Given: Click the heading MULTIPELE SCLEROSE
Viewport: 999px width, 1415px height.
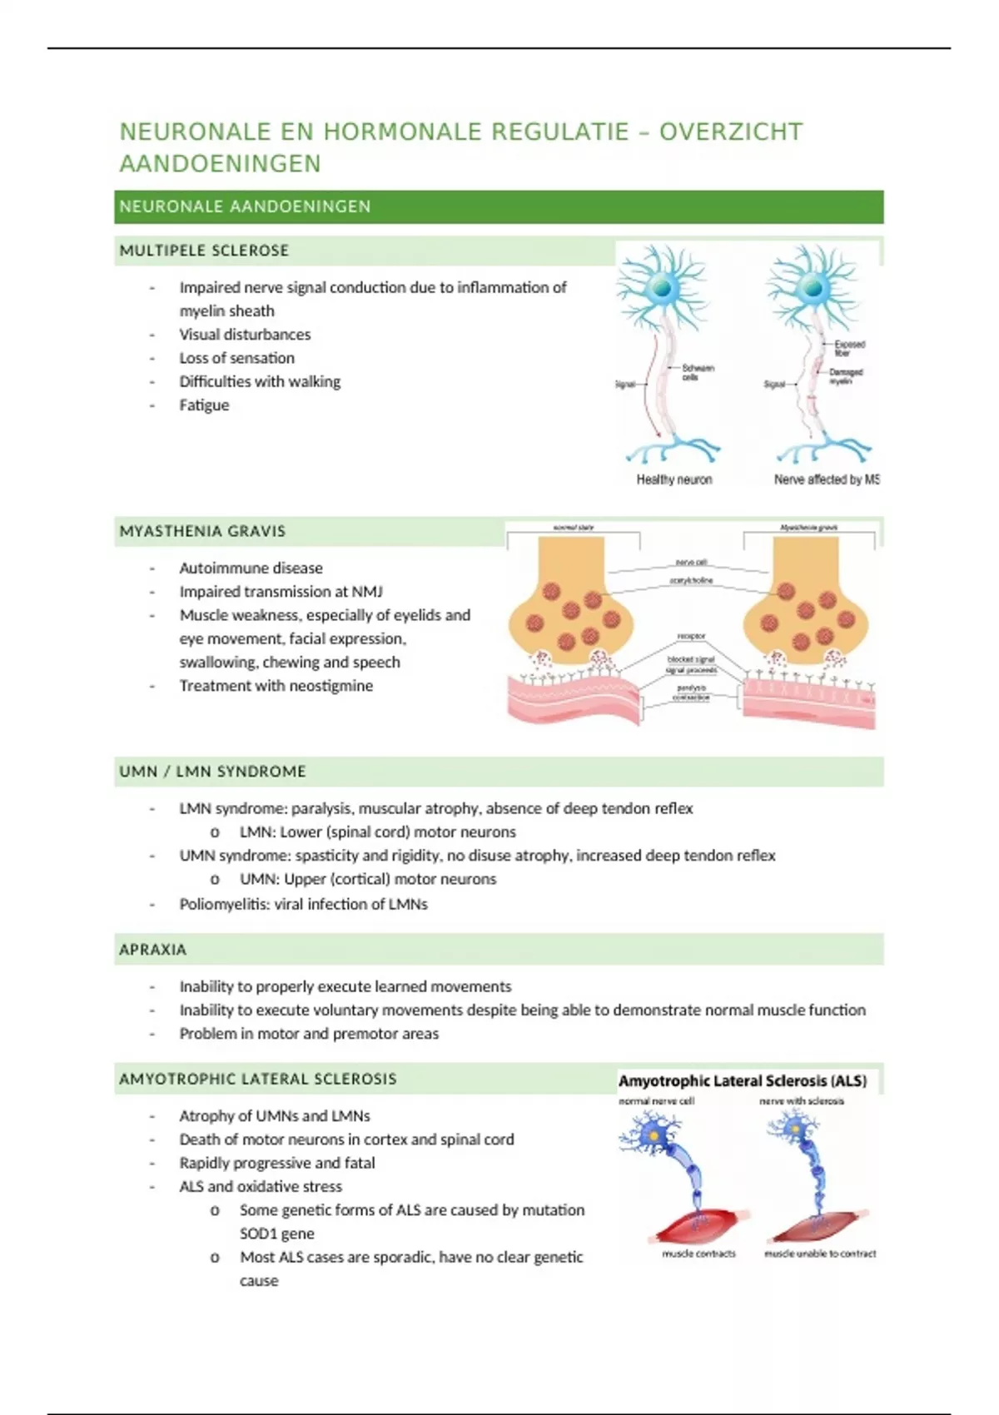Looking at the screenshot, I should click(204, 251).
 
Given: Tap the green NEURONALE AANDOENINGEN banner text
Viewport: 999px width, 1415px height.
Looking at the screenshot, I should click(245, 206).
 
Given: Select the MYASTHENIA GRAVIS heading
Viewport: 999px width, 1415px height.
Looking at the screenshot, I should click(202, 531).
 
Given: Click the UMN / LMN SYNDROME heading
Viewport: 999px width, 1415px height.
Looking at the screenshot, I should click(212, 772).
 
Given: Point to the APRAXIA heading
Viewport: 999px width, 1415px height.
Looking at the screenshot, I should click(152, 950).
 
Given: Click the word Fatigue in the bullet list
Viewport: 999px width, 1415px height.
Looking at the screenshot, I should click(204, 405).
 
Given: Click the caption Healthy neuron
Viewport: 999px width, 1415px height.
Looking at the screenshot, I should click(674, 479).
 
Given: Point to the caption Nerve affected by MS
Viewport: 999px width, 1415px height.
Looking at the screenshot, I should click(826, 479).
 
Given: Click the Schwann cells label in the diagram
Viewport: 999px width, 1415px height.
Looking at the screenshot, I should click(698, 372).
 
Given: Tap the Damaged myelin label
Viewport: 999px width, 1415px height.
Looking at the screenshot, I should click(846, 376).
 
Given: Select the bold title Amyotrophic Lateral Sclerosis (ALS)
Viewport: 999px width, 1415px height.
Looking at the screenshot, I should click(743, 1081).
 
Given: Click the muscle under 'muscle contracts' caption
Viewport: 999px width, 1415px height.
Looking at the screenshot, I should click(702, 1224).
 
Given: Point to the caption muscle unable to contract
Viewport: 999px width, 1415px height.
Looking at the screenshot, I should click(820, 1254).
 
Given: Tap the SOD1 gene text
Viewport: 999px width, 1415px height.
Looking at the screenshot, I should click(277, 1234).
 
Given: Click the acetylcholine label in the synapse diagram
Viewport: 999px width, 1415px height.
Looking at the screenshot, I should click(691, 580).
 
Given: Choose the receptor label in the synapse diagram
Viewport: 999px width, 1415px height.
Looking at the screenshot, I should click(691, 636).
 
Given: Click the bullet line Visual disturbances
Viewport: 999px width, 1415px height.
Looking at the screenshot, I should click(245, 335).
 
